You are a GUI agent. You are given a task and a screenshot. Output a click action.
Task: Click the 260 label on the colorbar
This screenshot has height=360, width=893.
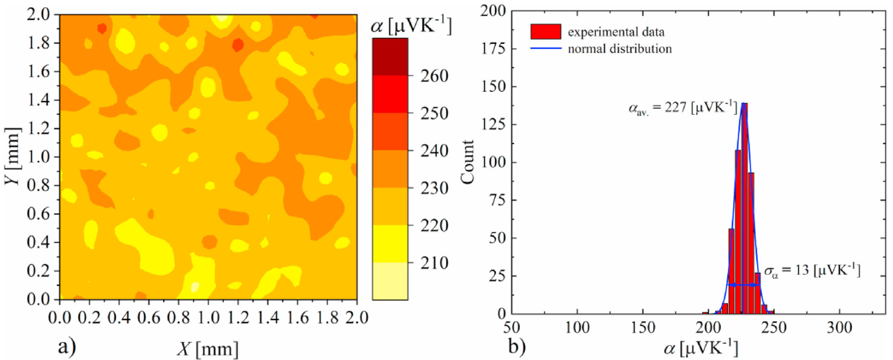434,76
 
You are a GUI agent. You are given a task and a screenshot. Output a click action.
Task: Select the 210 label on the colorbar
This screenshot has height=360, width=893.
434,263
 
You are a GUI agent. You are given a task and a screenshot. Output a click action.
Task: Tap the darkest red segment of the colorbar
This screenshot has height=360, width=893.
390,57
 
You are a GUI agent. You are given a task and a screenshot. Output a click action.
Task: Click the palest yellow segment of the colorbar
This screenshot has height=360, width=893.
390,281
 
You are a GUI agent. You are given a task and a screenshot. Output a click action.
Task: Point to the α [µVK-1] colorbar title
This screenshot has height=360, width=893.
411,26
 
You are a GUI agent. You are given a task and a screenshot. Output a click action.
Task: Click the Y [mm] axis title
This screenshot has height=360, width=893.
12,156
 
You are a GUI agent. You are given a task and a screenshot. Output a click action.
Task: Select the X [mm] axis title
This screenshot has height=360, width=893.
208,348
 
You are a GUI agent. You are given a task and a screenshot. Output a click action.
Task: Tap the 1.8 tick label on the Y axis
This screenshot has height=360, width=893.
39,43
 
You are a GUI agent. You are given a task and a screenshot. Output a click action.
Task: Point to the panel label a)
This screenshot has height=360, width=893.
67,346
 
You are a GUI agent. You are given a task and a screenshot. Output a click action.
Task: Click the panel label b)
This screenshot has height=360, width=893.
517,346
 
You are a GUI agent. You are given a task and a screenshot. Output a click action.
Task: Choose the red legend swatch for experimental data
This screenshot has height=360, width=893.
545,32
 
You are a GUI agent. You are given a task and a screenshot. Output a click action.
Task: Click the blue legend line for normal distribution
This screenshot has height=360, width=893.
545,48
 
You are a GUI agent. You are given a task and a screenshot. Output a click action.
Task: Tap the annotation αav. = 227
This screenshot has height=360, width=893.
682,108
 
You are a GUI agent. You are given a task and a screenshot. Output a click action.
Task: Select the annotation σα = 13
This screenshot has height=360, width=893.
812,270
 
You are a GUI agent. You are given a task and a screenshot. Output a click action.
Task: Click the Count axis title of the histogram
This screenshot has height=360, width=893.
467,162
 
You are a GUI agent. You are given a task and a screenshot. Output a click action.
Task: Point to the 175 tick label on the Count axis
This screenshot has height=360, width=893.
494,49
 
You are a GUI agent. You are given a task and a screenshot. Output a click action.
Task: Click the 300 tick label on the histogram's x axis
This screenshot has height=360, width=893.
839,328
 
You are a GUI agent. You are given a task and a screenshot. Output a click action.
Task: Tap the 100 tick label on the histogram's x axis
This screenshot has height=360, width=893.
577,328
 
